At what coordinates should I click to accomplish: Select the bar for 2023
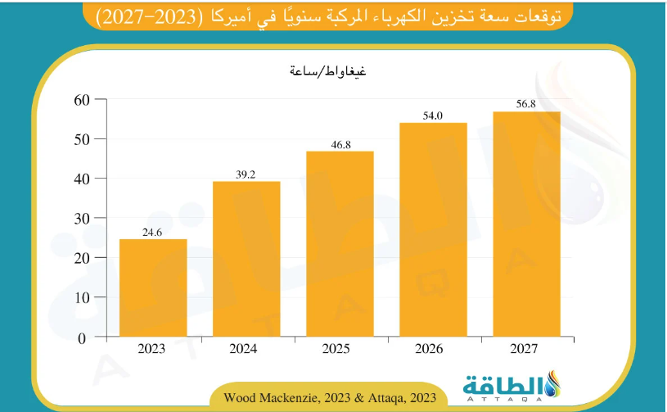[153, 287]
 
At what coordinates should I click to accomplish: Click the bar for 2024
[246, 259]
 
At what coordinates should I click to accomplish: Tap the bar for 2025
[340, 244]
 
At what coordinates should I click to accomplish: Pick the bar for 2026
[433, 229]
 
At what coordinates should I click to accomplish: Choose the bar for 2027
[526, 224]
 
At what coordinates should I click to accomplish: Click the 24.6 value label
[153, 233]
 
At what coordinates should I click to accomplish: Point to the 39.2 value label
[246, 174]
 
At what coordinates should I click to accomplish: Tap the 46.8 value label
[340, 145]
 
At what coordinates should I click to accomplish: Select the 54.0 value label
[433, 116]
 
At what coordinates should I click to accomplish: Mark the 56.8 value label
[526, 105]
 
